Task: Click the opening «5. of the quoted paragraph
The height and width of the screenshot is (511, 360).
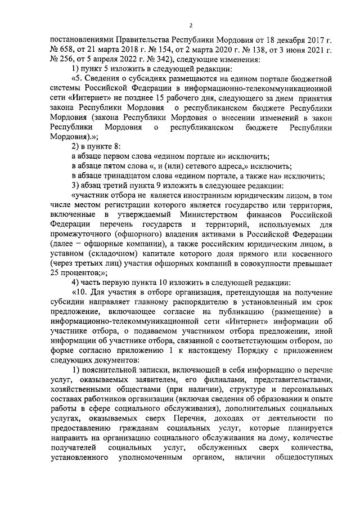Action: (78, 78)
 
